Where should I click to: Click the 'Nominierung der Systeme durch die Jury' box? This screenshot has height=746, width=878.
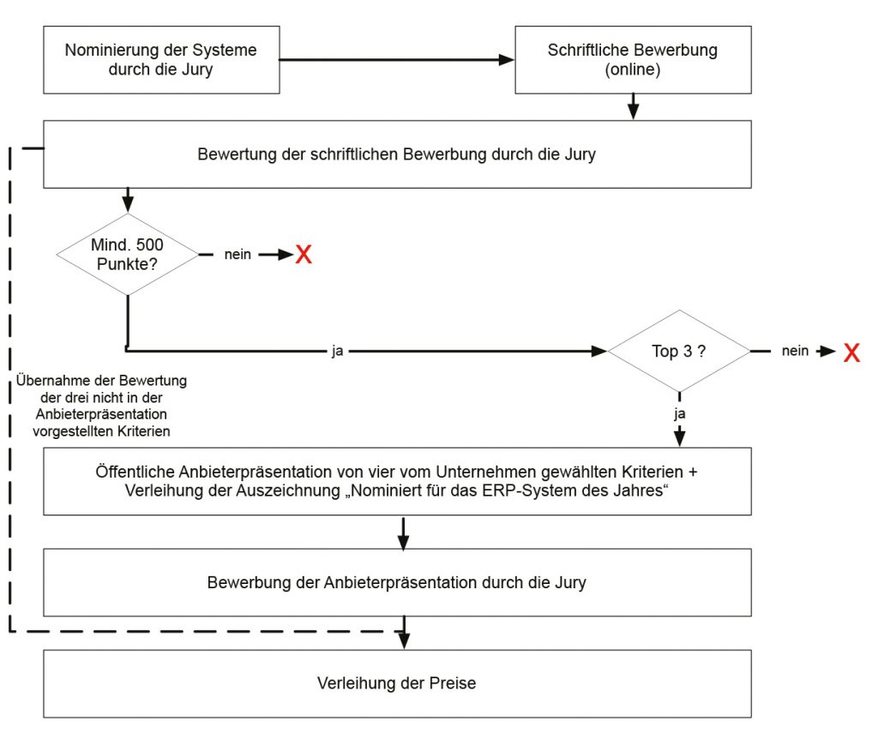coord(161,60)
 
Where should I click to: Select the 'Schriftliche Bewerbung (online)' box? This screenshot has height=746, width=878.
coord(633,60)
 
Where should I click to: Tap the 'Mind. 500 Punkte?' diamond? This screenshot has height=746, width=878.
coord(128,255)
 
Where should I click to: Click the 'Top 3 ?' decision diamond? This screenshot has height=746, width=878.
coord(679,352)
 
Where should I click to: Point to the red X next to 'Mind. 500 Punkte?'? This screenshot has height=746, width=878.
coord(304,255)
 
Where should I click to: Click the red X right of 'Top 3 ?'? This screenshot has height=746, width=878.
coord(851,352)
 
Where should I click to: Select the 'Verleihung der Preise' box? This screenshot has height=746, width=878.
coord(398,684)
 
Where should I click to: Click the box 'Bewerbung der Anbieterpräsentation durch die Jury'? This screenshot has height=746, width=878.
coord(398,582)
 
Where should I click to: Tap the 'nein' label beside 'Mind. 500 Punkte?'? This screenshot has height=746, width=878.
coord(238,255)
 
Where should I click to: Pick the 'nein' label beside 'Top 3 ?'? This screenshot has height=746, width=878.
coord(795,351)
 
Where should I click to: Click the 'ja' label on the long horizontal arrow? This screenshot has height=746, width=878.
coord(337,352)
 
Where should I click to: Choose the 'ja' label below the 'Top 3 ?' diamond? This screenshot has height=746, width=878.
coord(679,414)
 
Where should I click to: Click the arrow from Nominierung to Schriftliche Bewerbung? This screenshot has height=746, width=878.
coord(397,59)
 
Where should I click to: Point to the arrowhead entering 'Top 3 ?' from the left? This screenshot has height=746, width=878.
coord(599,352)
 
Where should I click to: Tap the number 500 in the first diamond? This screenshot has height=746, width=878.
coord(149,244)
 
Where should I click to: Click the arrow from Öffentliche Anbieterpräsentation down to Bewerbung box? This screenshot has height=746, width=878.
coord(403,533)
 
